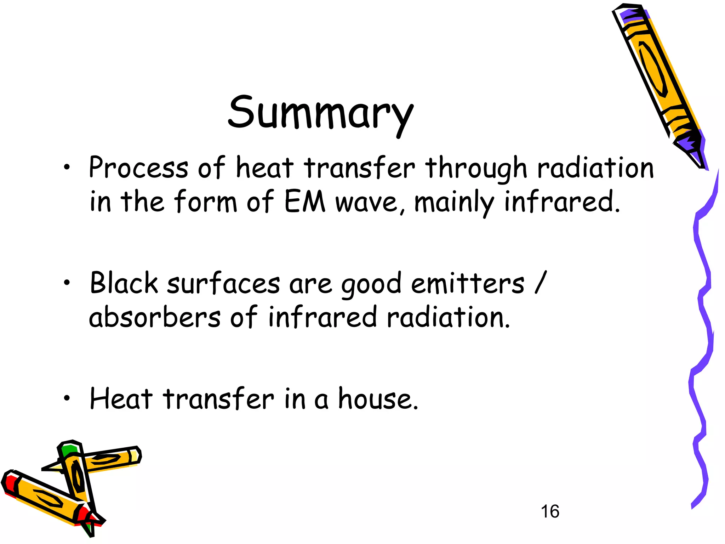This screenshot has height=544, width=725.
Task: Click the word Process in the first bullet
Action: coord(138,168)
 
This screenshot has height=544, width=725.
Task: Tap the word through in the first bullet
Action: coord(476,168)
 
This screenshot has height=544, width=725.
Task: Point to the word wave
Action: coord(366,203)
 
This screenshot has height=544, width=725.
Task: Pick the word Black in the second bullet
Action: coord(124,283)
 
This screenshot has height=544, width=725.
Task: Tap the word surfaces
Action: coord(223,283)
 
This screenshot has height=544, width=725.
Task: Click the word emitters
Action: coord(468,283)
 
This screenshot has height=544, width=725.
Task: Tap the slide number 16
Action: coord(550,511)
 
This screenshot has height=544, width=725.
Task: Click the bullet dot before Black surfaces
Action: coord(67,282)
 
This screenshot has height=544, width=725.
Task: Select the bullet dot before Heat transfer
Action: coord(67,398)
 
